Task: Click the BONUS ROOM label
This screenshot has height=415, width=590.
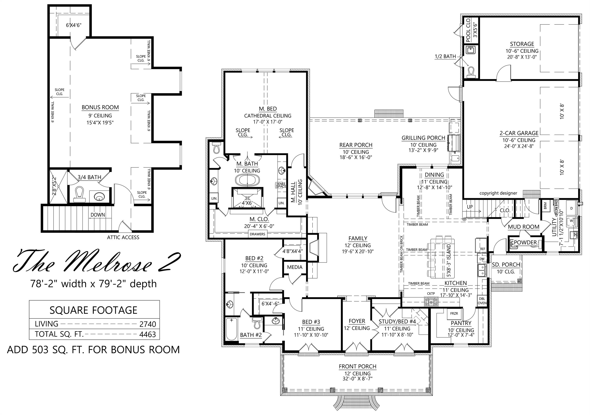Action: [x=100, y=107]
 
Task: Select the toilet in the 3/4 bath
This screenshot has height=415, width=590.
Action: [x=79, y=194]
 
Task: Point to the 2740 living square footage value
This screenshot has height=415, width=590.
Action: [x=148, y=324]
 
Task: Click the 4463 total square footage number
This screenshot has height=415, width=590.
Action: [x=148, y=334]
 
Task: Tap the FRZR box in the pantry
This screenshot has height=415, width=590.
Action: [x=454, y=314]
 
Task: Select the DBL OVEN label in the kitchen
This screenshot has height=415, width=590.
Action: [x=482, y=301]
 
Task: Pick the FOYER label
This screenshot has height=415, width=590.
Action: [x=357, y=321]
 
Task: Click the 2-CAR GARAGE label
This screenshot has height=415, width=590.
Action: [x=519, y=133]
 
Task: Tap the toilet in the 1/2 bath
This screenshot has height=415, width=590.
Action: [x=471, y=72]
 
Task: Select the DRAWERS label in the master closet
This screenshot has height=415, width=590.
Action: [x=258, y=234]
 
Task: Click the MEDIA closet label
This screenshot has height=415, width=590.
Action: [x=295, y=267]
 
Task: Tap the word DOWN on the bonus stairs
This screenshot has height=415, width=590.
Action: [x=98, y=215]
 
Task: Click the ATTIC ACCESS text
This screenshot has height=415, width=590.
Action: [x=123, y=237]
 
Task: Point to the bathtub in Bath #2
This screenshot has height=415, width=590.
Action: [x=232, y=329]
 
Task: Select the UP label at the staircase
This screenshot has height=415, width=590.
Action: [x=470, y=207]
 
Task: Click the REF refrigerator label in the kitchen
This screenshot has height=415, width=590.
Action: [x=483, y=249]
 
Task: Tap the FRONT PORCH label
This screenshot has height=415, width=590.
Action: [x=357, y=366]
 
